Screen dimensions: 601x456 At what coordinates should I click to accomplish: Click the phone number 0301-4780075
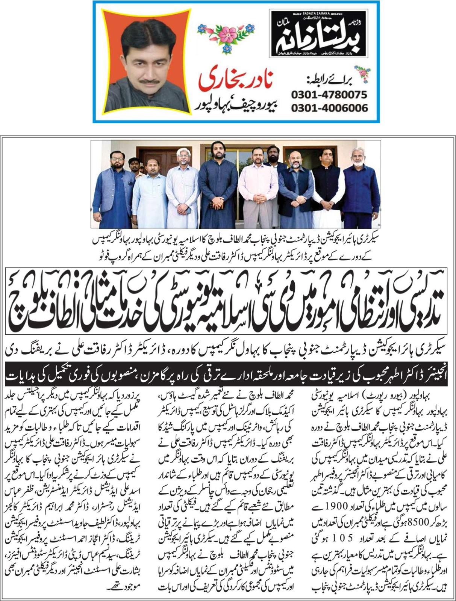[x=329, y=94]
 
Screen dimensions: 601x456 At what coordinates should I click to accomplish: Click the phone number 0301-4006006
[x=329, y=108]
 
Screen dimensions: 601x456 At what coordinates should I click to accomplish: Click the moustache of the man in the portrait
[x=144, y=80]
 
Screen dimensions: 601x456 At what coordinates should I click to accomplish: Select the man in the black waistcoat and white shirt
[x=326, y=188]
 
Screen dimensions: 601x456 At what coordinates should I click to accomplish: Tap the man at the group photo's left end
[x=113, y=188]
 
